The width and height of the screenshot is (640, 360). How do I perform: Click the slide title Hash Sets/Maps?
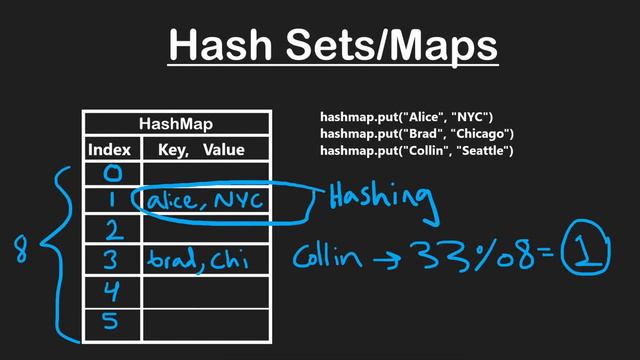pos(331,46)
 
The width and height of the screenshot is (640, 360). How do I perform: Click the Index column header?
pos(110,150)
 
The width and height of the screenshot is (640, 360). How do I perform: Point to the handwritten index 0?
pos(112,174)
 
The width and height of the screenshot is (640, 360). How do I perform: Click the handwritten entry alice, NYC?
pos(205,202)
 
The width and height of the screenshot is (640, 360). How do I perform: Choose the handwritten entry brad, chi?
pos(197,262)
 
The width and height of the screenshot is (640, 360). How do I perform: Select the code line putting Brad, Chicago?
pos(416,134)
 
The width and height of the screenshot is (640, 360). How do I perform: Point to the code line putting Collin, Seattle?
pos(416,151)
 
